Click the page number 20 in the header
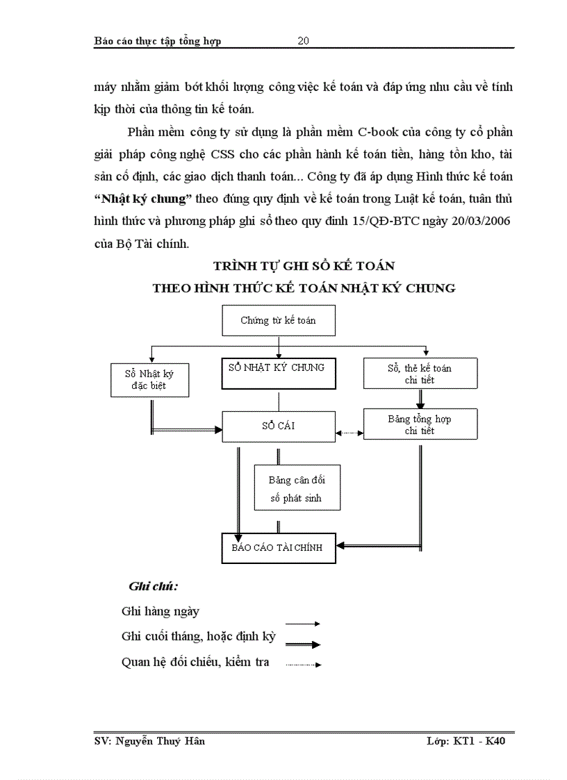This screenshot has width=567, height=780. coord(304,41)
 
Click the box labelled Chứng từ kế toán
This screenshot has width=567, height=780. coord(278,320)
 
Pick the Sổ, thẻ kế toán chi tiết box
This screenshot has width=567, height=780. coord(420,374)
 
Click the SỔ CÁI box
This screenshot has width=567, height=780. coord(278,425)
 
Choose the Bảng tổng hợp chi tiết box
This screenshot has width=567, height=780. coord(420,424)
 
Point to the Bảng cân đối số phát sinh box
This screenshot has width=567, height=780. coord(296,489)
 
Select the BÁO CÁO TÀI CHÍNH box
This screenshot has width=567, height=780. coord(277,548)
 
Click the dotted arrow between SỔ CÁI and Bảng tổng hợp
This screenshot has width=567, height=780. coord(350,433)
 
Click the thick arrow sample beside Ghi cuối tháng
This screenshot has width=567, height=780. coord(302,645)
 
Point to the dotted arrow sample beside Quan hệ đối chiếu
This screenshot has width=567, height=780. coord(303,665)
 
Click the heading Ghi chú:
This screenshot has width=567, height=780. coord(153,586)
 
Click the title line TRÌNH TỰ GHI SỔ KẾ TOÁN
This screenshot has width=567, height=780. coord(304,265)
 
